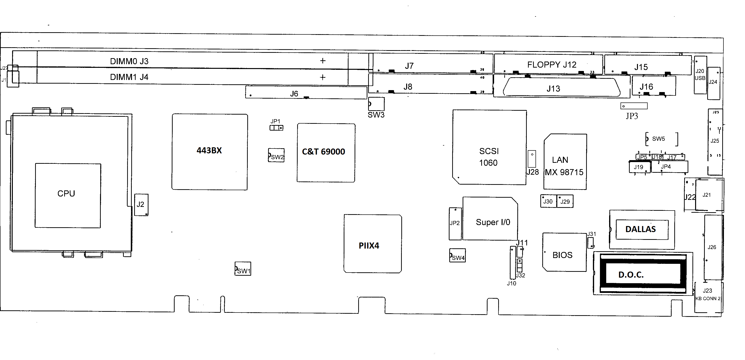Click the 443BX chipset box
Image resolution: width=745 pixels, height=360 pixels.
pos(210,152)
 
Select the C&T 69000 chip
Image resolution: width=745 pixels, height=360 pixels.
pos(326,153)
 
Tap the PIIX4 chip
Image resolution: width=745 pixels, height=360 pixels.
pos(372,243)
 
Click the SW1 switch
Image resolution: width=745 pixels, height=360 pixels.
pos(243,269)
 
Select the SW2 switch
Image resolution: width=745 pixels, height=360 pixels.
pos(276,155)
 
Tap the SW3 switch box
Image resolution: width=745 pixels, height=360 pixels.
pos(376,104)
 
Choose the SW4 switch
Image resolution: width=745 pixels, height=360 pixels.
pos(457,256)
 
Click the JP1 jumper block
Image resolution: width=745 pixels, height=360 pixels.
pos(276,128)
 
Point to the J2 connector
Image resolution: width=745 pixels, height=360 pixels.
pos(141,205)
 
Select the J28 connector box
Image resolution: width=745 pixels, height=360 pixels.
pos(532,159)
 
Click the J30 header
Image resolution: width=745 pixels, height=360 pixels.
pos(548,201)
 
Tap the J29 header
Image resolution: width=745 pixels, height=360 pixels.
pos(565,201)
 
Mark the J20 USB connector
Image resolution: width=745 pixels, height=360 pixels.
pos(700,75)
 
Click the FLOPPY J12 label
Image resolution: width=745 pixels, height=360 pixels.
pos(551,64)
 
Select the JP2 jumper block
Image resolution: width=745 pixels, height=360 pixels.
pos(455,223)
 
